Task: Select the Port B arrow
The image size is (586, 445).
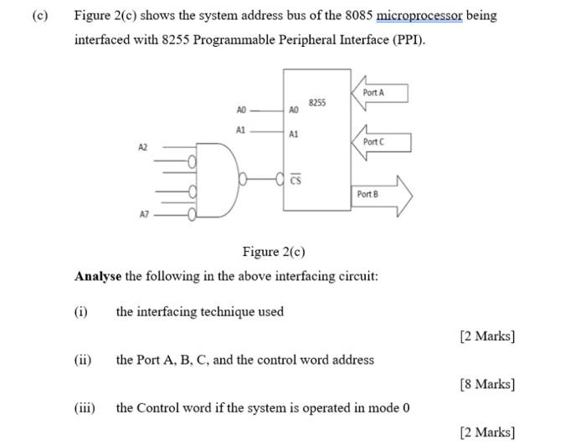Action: (x=378, y=194)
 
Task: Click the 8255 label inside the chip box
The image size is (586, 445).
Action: (x=316, y=103)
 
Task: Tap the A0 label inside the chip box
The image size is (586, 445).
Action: (x=293, y=110)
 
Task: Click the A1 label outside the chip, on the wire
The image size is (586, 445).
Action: (x=241, y=130)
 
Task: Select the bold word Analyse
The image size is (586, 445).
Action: (x=97, y=276)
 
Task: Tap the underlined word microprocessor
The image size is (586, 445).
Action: (x=419, y=16)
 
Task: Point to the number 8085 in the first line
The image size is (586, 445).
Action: (x=358, y=16)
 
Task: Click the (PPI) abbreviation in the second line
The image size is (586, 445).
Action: (x=409, y=40)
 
